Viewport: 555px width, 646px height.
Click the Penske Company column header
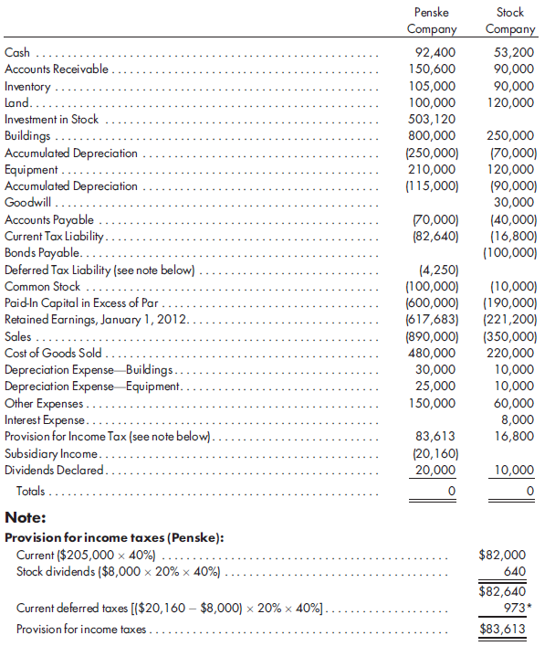(x=431, y=21)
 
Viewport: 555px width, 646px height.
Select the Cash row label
(x=16, y=53)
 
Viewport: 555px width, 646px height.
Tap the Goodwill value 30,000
(x=515, y=202)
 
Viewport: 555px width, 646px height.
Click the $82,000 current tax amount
(x=502, y=554)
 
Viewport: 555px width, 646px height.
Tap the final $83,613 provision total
(x=502, y=630)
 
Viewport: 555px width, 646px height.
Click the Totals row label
(x=31, y=491)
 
